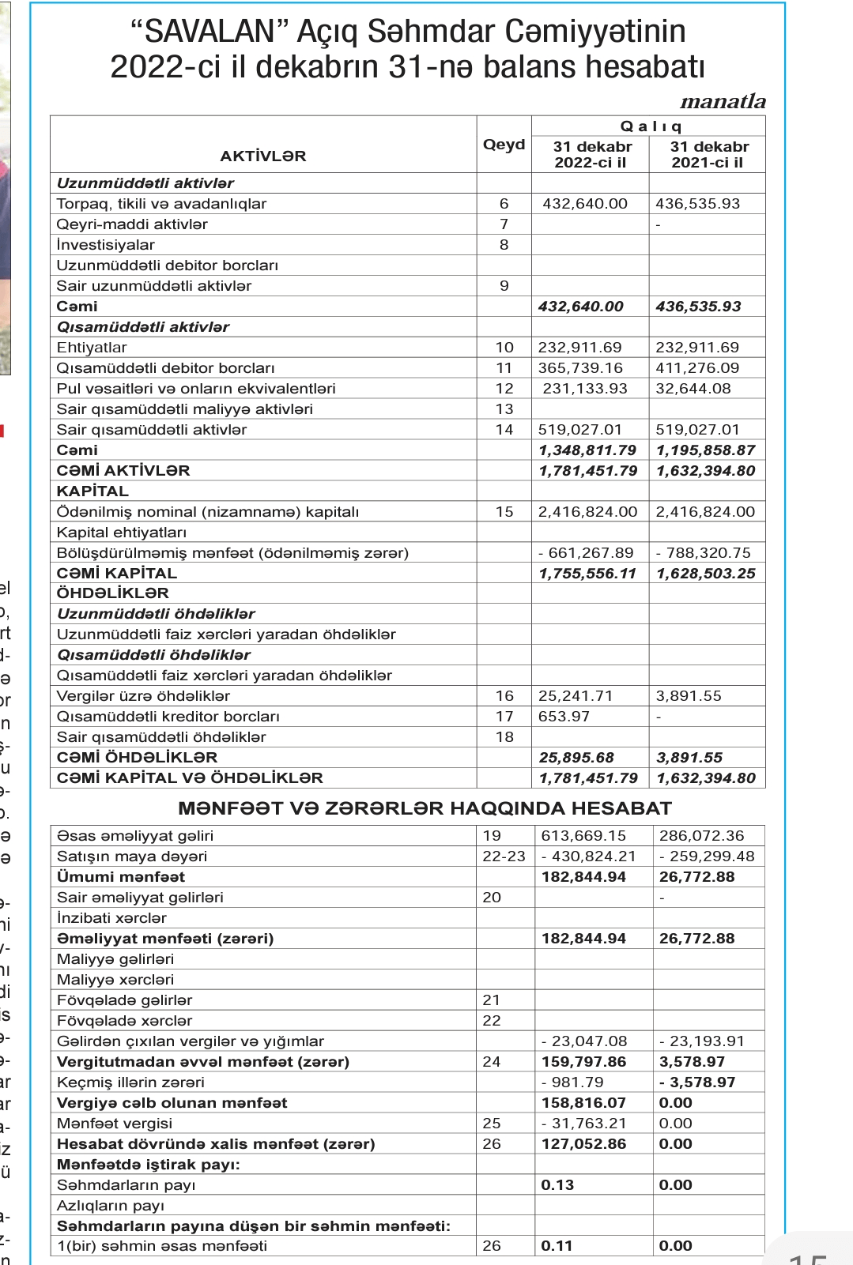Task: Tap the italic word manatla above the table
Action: click(723, 101)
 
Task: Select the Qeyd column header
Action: click(504, 145)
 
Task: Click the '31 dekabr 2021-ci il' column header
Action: click(708, 154)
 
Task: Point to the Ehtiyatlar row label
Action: click(92, 348)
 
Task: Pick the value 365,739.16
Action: click(580, 368)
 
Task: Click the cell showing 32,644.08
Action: click(693, 389)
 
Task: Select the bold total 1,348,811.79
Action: click(587, 450)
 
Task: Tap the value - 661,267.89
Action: click(586, 553)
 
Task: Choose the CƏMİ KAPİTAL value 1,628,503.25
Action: click(706, 574)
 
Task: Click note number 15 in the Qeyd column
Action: click(504, 512)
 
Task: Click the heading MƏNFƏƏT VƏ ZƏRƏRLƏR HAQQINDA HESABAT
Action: click(425, 808)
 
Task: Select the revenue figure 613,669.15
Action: click(583, 836)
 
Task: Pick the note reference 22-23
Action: click(504, 857)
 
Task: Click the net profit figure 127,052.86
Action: click(583, 1144)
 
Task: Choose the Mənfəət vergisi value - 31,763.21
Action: click(583, 1124)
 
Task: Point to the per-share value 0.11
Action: click(557, 1246)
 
